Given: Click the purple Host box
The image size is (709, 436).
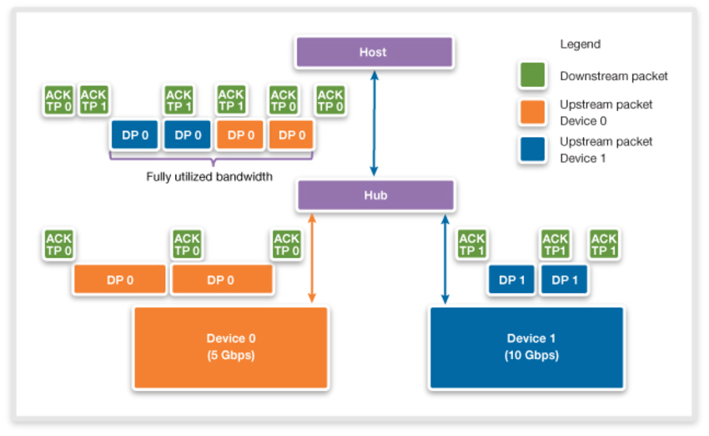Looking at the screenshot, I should pos(374,53).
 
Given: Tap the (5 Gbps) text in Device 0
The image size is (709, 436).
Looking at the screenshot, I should pos(229,354).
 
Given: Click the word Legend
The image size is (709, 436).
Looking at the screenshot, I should pos(580,44).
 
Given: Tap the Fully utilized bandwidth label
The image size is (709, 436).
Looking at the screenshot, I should pos(209,176).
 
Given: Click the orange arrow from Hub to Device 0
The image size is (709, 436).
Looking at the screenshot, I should pos(312,257).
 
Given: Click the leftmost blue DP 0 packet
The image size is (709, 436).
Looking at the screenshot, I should pos(134,135).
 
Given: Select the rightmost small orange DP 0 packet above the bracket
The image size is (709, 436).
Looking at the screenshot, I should pos(291,135).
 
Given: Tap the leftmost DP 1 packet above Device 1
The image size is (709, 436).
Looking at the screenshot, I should pos(511,281).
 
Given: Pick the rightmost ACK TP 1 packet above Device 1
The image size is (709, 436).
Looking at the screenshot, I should pos(603,245).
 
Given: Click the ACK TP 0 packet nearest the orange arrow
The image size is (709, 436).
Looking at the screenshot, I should pos(286,245).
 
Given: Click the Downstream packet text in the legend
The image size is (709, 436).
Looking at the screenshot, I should pos(614,76).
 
